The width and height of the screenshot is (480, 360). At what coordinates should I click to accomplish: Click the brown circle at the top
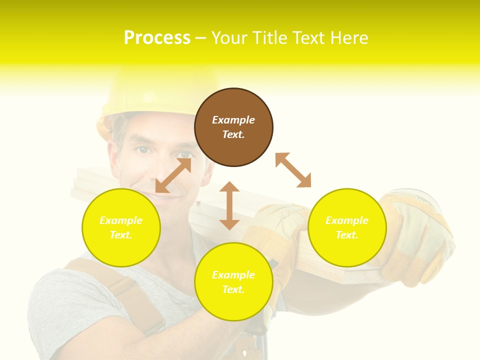[233, 127]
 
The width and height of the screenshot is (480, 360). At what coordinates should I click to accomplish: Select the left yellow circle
[121, 227]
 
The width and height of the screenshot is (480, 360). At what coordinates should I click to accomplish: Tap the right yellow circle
[347, 227]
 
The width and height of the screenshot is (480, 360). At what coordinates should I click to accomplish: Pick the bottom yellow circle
[233, 282]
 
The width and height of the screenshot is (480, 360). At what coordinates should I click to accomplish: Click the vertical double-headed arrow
[229, 205]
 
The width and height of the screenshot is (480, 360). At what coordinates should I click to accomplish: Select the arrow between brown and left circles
[173, 175]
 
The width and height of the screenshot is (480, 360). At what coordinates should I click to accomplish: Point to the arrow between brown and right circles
[293, 170]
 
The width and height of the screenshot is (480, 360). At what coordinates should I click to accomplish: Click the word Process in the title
[157, 38]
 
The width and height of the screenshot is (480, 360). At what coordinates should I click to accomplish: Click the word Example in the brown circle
[233, 120]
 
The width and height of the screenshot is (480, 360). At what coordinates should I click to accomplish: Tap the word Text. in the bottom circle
[233, 289]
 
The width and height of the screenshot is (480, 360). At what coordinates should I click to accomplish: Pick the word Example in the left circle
[121, 220]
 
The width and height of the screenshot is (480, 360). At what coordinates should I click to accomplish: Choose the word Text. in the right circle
[347, 235]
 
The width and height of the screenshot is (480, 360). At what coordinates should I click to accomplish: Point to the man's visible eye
[143, 149]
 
